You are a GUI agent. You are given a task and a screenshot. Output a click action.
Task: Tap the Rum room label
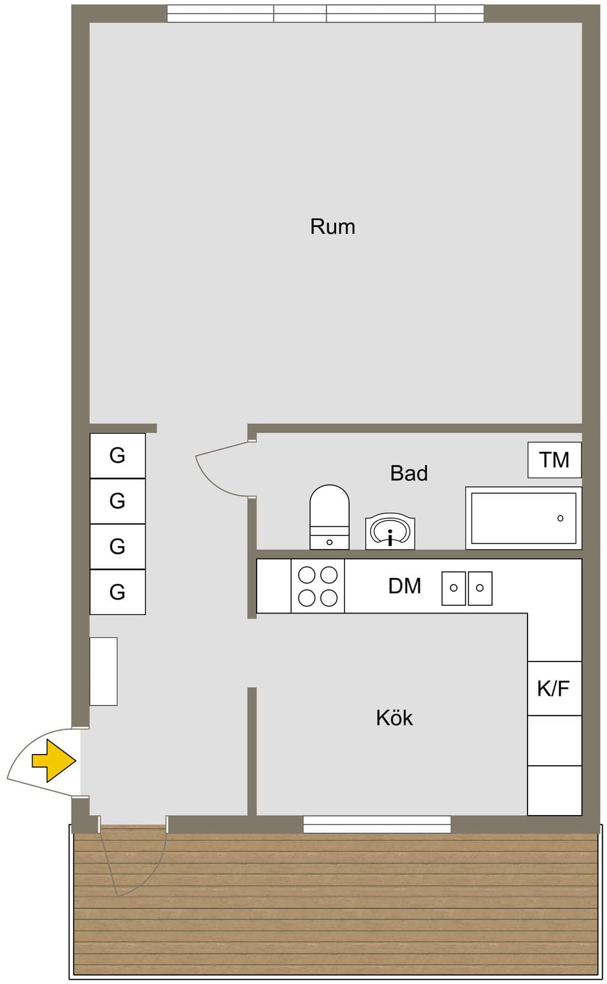333,226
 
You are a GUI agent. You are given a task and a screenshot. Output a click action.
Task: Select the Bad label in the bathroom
408,473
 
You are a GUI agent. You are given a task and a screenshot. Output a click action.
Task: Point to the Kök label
394,717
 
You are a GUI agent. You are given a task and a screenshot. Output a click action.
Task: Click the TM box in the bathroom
554,460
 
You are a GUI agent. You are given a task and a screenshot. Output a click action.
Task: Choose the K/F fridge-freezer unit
554,688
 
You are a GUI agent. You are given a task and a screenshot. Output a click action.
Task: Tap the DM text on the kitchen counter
404,586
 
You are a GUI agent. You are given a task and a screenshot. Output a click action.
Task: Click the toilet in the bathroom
330,517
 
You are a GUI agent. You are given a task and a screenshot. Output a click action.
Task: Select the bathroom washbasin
390,531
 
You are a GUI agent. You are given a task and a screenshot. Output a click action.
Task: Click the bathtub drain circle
560,518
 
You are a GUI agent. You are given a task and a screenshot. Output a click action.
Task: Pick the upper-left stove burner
306,574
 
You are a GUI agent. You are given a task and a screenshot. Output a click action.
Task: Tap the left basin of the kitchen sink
453,588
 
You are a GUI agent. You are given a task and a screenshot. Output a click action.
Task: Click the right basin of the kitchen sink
480,588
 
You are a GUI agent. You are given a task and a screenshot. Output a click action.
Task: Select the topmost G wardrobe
118,455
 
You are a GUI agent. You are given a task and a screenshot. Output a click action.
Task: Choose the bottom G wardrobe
118,592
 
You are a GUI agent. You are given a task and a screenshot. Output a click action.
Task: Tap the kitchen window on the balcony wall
377,824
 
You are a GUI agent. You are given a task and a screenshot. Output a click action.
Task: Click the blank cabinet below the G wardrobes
103,672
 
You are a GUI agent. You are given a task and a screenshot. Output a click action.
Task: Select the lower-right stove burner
328,598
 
